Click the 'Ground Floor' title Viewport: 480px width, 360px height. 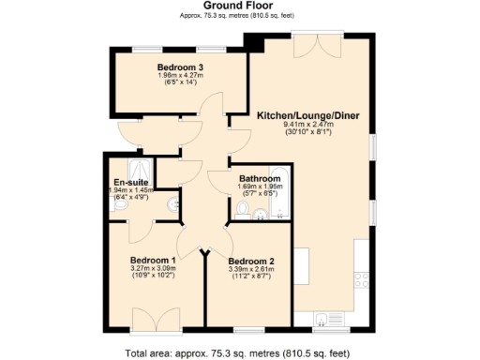239,6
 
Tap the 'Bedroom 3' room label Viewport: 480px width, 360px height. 180,67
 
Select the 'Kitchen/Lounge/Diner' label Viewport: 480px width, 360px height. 307,116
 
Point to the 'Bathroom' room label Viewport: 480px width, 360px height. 260,178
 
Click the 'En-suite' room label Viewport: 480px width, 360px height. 128,182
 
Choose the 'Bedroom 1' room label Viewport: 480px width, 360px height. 153,260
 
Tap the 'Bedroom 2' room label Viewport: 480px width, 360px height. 250,261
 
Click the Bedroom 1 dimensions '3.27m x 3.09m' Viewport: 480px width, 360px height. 153,268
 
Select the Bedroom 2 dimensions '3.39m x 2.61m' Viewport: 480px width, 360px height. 250,269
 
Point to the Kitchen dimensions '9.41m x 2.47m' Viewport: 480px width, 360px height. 307,125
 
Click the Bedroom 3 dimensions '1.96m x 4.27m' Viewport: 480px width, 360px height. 180,76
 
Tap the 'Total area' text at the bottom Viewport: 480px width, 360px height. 239,352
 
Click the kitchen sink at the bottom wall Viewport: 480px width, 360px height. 324,319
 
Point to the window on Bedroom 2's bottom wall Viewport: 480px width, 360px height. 248,330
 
